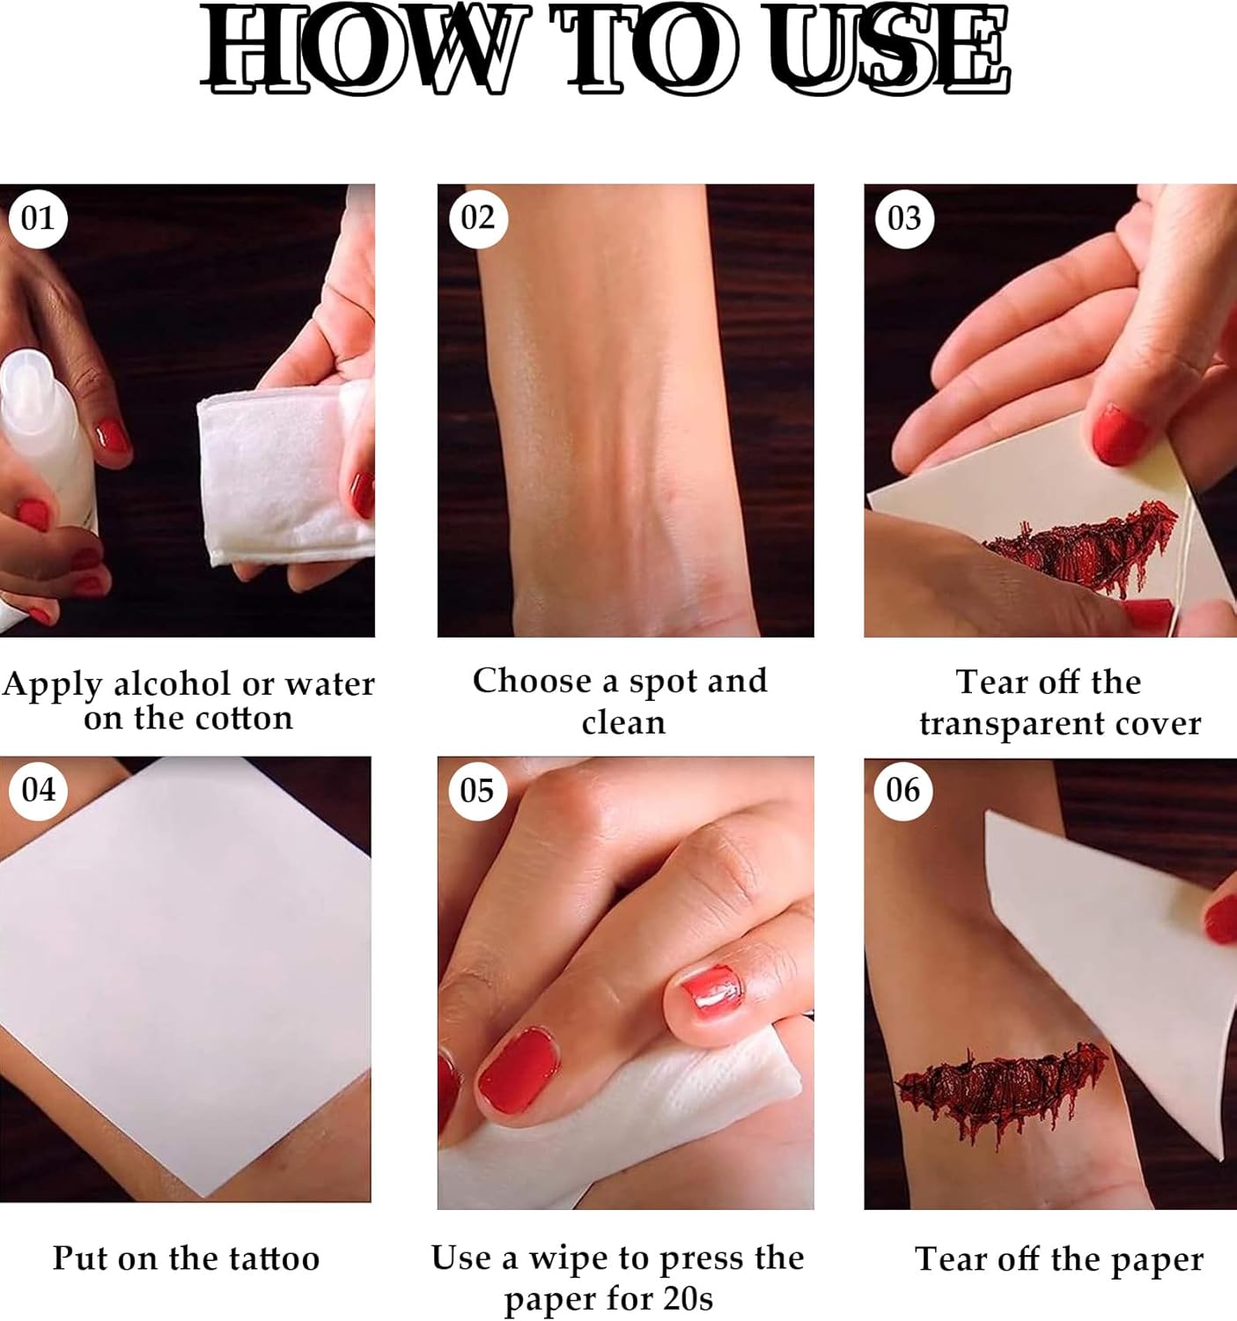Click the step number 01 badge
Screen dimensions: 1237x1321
(38, 218)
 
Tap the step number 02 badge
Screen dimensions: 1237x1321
(478, 218)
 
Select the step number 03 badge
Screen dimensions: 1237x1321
(905, 218)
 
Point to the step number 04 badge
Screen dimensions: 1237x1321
(38, 791)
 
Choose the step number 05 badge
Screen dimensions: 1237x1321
(477, 791)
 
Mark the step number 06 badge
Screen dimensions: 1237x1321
(903, 791)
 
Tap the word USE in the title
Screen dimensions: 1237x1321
(887, 48)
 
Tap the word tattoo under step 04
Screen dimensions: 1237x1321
(274, 1259)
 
